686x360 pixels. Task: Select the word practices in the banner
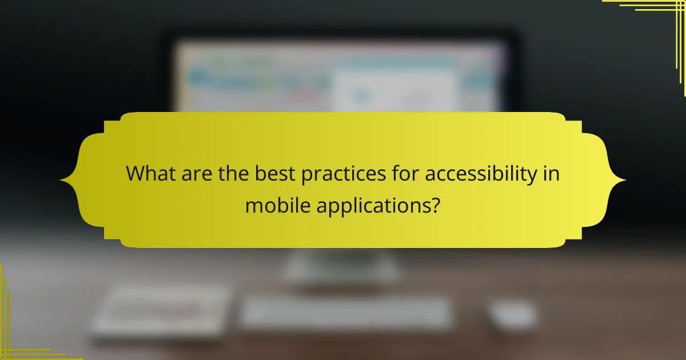[x=336, y=174]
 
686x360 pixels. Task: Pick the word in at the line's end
[x=551, y=174]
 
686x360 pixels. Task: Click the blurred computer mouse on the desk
[x=513, y=315]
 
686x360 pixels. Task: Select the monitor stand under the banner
[x=342, y=266]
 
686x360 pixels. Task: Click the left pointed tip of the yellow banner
[x=62, y=181]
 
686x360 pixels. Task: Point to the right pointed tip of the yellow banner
[x=624, y=181]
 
